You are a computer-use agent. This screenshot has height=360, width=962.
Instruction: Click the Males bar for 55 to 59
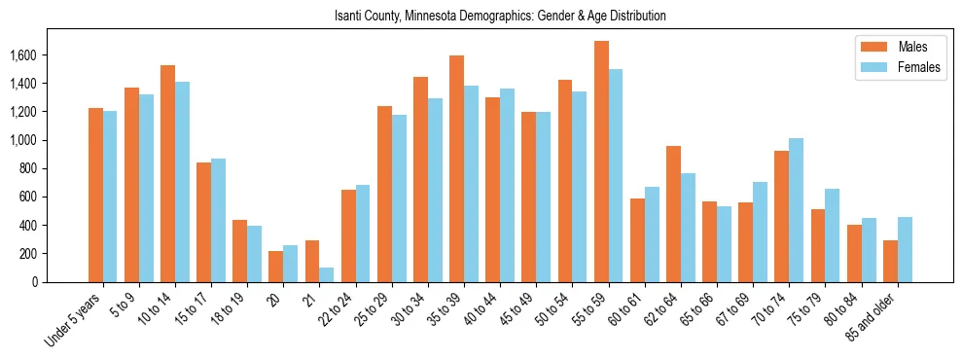[601, 162]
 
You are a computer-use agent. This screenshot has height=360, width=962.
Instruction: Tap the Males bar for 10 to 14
[167, 173]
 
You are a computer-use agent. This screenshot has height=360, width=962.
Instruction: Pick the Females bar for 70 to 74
[796, 210]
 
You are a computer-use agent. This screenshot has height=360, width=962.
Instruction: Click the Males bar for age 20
[276, 267]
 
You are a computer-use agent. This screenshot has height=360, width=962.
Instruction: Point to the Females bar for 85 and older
[905, 249]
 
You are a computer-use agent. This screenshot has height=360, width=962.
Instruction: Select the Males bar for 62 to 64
[673, 214]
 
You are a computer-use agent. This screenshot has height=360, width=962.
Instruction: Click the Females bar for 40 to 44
[507, 185]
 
